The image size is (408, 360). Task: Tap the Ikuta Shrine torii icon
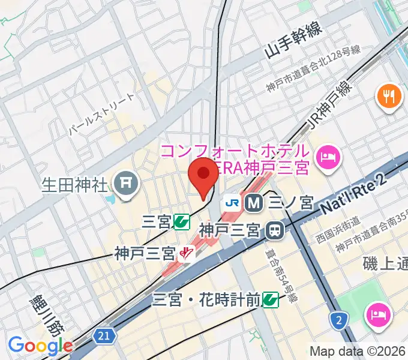coord(127,181)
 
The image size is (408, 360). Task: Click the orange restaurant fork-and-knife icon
coord(388,95)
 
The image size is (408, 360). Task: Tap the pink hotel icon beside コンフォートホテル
coord(329,157)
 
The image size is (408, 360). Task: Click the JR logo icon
coord(232,203)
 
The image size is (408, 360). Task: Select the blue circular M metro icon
coord(254,203)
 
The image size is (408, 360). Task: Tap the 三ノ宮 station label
coord(290,203)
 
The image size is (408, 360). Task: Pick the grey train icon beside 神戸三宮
coord(275,229)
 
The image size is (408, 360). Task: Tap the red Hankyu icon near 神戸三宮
coord(188,254)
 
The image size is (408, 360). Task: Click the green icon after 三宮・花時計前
coord(270,298)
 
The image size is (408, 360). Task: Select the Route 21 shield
coord(104,337)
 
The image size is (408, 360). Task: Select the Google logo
coord(40,346)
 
